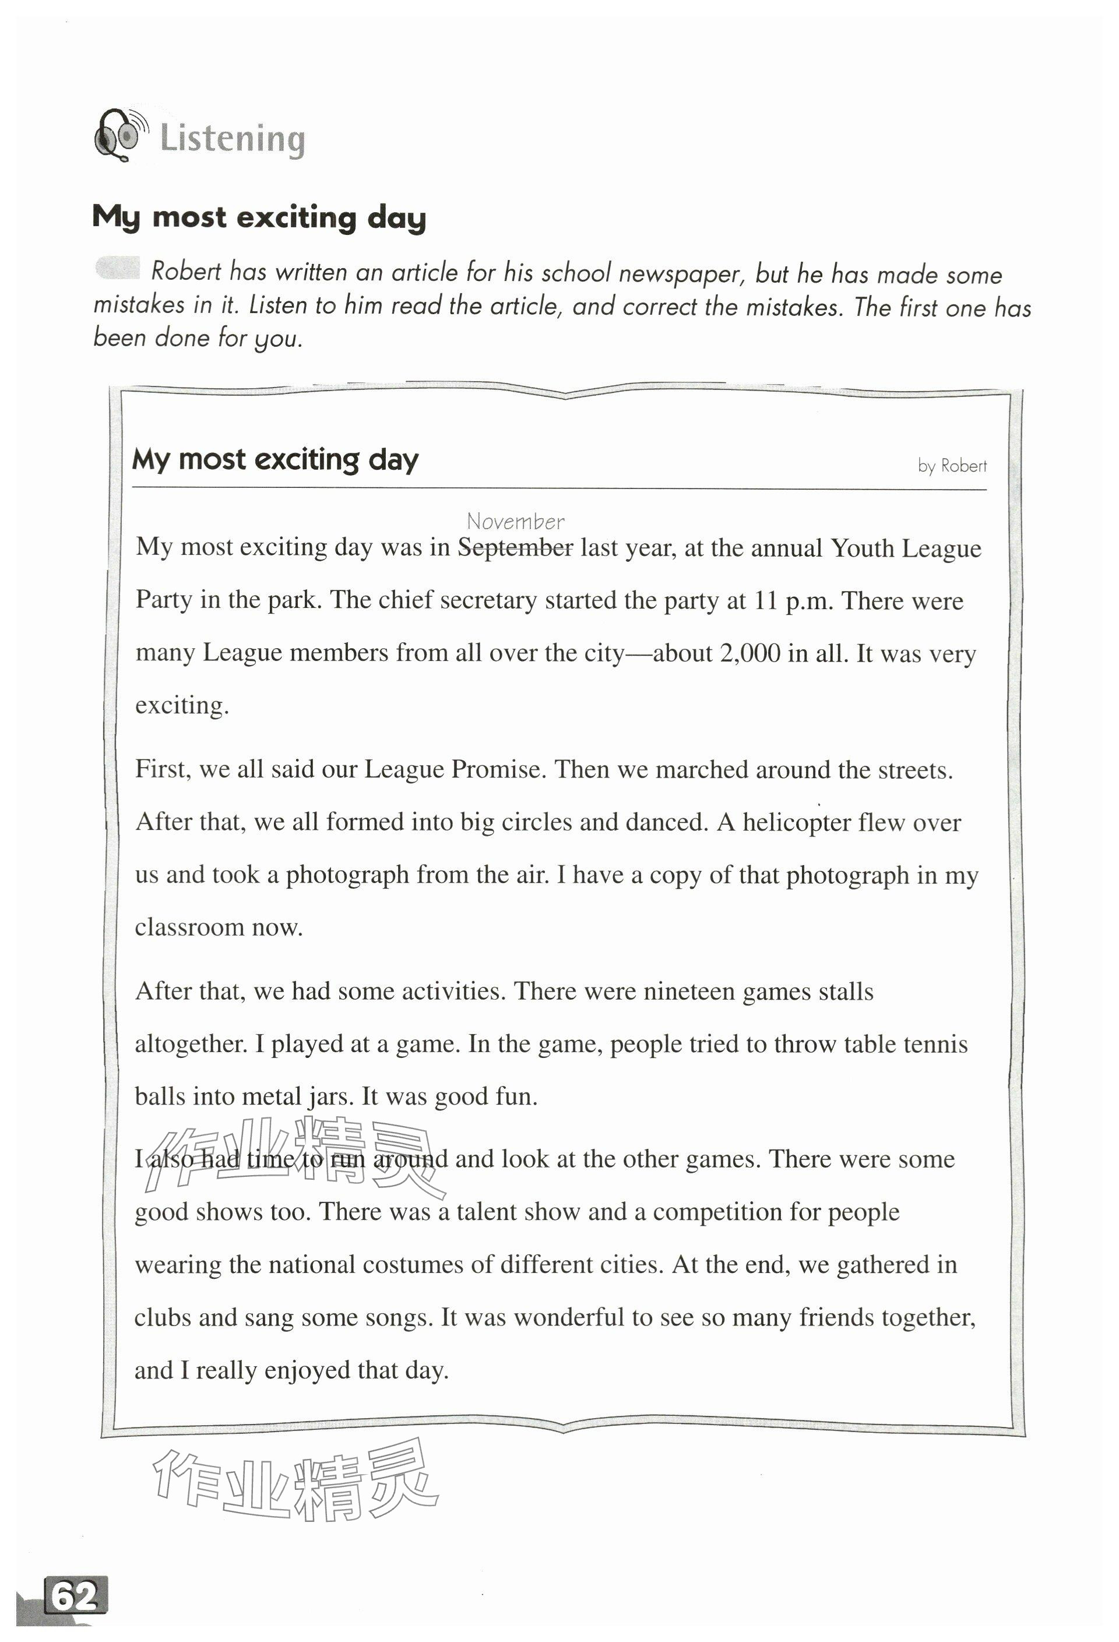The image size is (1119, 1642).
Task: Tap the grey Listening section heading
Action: click(x=233, y=139)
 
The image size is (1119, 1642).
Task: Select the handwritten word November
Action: click(x=515, y=522)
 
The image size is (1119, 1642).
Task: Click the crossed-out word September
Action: click(x=515, y=548)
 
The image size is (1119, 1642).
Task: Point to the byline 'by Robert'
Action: click(x=952, y=466)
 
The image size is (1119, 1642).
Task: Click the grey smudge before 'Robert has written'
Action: click(x=117, y=268)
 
